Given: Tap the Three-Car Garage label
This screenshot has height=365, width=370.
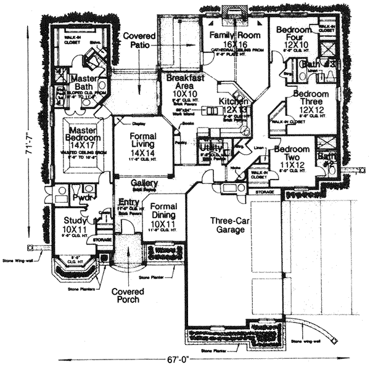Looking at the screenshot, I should (x=227, y=225).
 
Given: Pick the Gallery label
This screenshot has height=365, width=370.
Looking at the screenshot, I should (x=143, y=184).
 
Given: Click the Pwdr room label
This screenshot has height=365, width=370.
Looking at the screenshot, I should (x=82, y=199).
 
